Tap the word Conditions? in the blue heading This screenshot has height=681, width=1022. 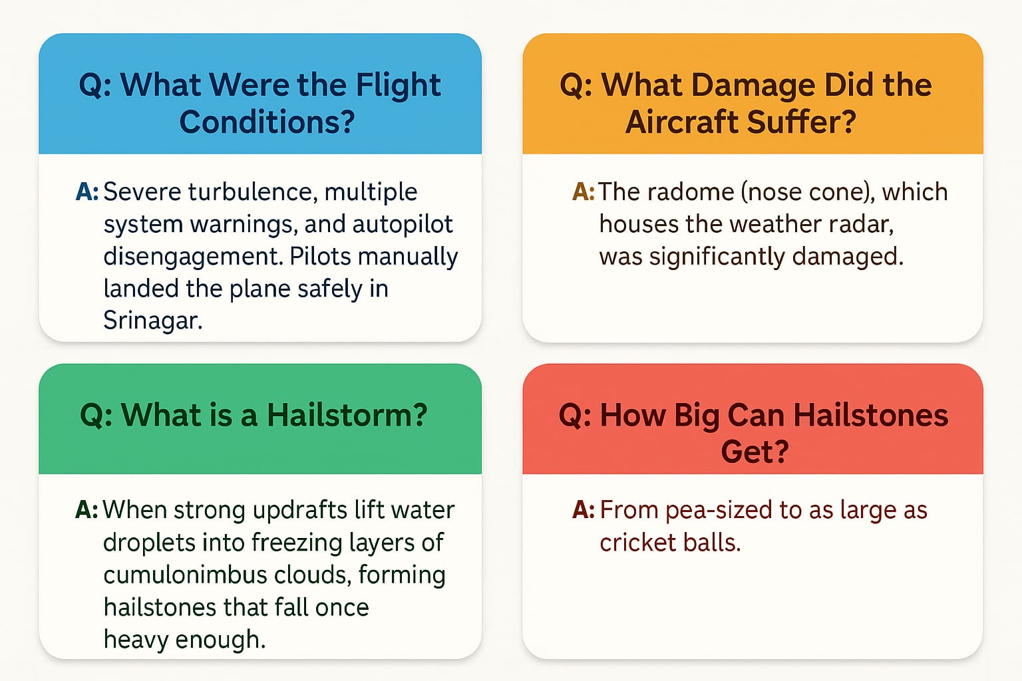pos(267,122)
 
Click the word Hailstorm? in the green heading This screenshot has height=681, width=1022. pos(347,415)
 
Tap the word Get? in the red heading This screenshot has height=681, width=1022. pos(755,452)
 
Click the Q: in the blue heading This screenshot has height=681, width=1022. pos(95,86)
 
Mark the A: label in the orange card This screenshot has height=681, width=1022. pos(583,192)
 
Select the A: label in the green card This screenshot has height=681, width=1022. pos(86,510)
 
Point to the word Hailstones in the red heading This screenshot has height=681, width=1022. pos(870,415)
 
